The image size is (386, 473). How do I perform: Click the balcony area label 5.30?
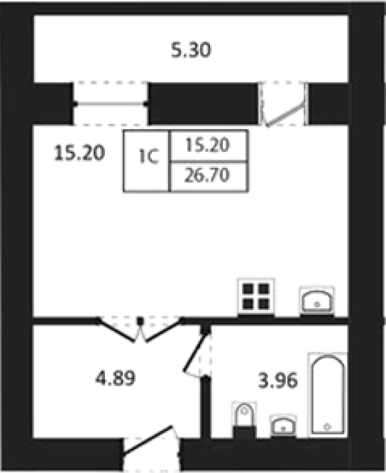coord(191,50)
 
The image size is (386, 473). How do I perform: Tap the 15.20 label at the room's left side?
coord(79,153)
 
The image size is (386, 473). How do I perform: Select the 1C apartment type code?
coord(148,157)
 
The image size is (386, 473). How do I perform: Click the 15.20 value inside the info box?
coord(207,145)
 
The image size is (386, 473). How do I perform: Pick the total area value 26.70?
coord(207,175)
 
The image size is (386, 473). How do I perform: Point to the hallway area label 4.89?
coord(115,378)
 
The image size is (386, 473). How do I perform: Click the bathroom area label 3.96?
coord(278,380)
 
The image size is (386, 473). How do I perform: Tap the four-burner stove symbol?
coord(256,297)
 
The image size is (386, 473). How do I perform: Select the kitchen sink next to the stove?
coord(317,301)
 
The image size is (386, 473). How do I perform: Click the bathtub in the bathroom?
coord(328,394)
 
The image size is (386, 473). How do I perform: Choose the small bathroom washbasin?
coord(283,426)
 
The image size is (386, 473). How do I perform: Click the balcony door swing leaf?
coord(285,114)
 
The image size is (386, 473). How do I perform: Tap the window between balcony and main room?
coord(110,104)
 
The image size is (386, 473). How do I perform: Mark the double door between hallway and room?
coord(140,329)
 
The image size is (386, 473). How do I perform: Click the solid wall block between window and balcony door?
coord(204,104)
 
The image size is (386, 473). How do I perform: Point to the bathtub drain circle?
coord(327,427)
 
